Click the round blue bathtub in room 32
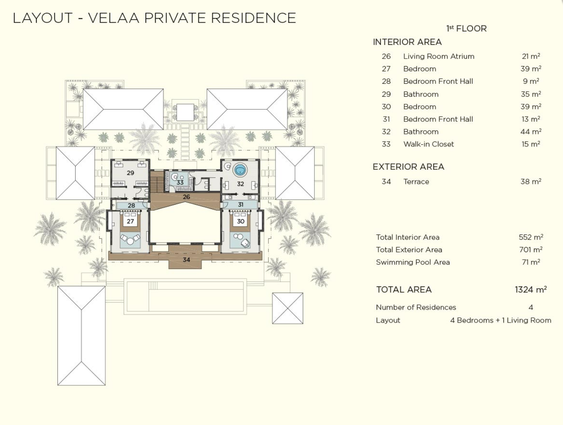click(x=240, y=170)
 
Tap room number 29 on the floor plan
click(x=130, y=173)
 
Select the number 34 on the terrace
click(x=186, y=260)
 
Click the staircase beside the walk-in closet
click(x=157, y=182)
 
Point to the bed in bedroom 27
click(x=130, y=221)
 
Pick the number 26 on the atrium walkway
click(x=186, y=197)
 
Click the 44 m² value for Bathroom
click(x=531, y=132)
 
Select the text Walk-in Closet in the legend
click(x=429, y=144)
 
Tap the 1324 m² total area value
click(x=531, y=289)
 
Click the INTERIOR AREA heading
click(x=407, y=42)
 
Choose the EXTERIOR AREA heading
click(x=408, y=167)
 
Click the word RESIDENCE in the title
click(x=253, y=18)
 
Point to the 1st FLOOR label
click(x=467, y=29)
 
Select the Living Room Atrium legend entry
click(x=438, y=56)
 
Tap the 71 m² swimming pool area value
click(x=531, y=262)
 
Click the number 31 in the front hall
click(x=240, y=205)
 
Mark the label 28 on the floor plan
click(x=131, y=206)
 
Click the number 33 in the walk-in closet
click(x=180, y=182)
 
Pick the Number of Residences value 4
click(x=531, y=307)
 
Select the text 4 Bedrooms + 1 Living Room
click(x=501, y=320)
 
